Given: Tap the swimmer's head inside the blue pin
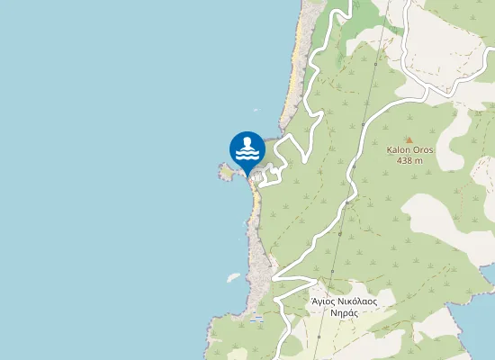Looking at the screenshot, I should tap(247, 142).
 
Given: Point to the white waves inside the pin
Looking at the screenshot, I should tap(247, 155).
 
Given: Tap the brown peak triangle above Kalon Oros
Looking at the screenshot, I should tap(408, 139).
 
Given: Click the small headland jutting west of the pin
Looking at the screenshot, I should tap(222, 170).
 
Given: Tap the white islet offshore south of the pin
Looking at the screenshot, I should tap(232, 276).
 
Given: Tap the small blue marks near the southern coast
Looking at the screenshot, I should tap(258, 318).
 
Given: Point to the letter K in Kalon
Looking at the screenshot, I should tap(389, 150).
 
